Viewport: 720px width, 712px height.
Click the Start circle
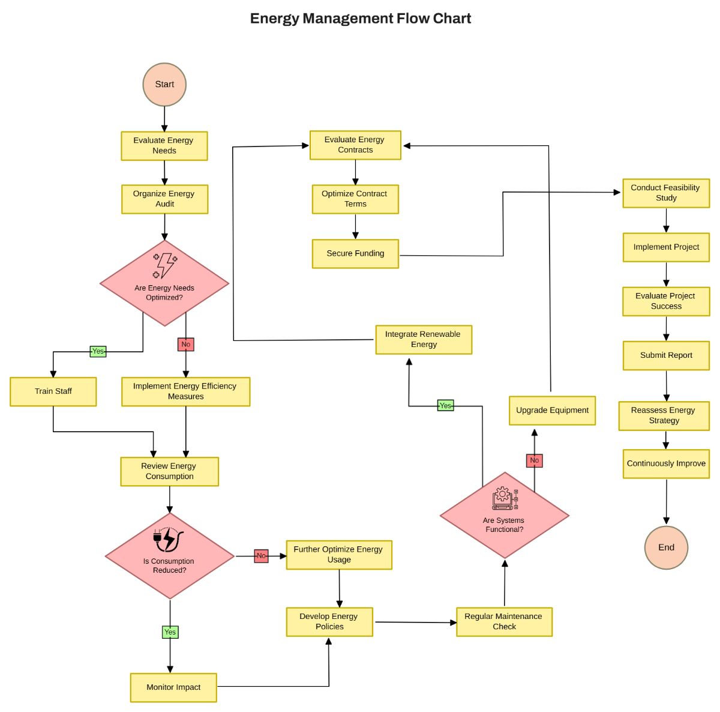[x=164, y=85]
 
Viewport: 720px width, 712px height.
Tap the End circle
[x=666, y=548]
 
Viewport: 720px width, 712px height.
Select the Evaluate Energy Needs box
[x=164, y=146]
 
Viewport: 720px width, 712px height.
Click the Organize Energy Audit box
[x=164, y=199]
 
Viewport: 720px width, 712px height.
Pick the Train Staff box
[x=53, y=391]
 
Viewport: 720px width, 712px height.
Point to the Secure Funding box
[x=355, y=254]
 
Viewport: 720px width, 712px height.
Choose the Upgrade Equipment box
[x=552, y=411]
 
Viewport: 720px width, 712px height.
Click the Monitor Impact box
[x=173, y=687]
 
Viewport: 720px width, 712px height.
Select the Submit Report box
[x=666, y=355]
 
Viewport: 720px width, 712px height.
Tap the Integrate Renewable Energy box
[x=424, y=340]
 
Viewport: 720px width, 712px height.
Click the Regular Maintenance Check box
[x=504, y=622]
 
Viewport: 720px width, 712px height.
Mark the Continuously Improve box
[x=666, y=464]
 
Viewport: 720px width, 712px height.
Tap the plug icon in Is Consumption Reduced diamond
[x=168, y=539]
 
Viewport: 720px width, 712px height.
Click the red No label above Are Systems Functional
[x=534, y=460]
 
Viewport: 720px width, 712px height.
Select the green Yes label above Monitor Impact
[x=170, y=632]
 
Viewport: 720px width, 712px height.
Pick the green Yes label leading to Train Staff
[x=98, y=351]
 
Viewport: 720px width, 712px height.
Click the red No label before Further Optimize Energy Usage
[x=261, y=556]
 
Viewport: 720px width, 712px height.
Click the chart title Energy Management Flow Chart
[x=360, y=19]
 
